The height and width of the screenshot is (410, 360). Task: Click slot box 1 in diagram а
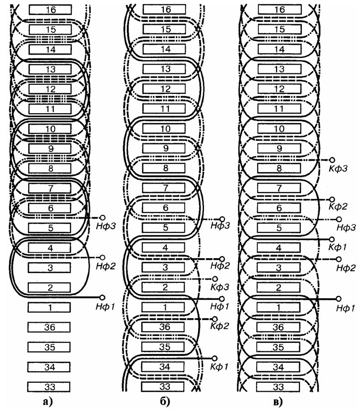tap(49, 308)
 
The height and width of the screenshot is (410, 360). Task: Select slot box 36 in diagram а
tap(49, 328)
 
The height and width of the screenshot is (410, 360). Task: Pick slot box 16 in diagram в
tap(280, 9)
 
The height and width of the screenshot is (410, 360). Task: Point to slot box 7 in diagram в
tap(279, 188)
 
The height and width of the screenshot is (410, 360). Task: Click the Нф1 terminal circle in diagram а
tap(102, 297)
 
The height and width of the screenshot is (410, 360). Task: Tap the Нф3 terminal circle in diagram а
tap(103, 217)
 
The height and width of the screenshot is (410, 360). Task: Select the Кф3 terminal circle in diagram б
tap(215, 279)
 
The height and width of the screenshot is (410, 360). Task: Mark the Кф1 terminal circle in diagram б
tap(215, 358)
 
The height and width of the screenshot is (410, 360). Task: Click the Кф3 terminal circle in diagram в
tap(332, 160)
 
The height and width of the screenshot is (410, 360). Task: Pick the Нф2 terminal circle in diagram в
tap(339, 259)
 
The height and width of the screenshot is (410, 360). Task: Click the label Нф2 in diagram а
tap(105, 266)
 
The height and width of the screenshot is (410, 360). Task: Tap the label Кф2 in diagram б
tap(219, 326)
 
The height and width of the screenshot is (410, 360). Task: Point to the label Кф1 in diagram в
tap(338, 247)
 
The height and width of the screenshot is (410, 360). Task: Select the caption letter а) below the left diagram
tap(48, 402)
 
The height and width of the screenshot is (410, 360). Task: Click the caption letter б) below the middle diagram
tap(165, 402)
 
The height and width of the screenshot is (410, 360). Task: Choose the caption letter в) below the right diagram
tap(278, 402)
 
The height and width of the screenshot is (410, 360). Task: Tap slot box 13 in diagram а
tap(50, 69)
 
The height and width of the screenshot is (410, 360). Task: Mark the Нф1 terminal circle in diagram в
tap(339, 299)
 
